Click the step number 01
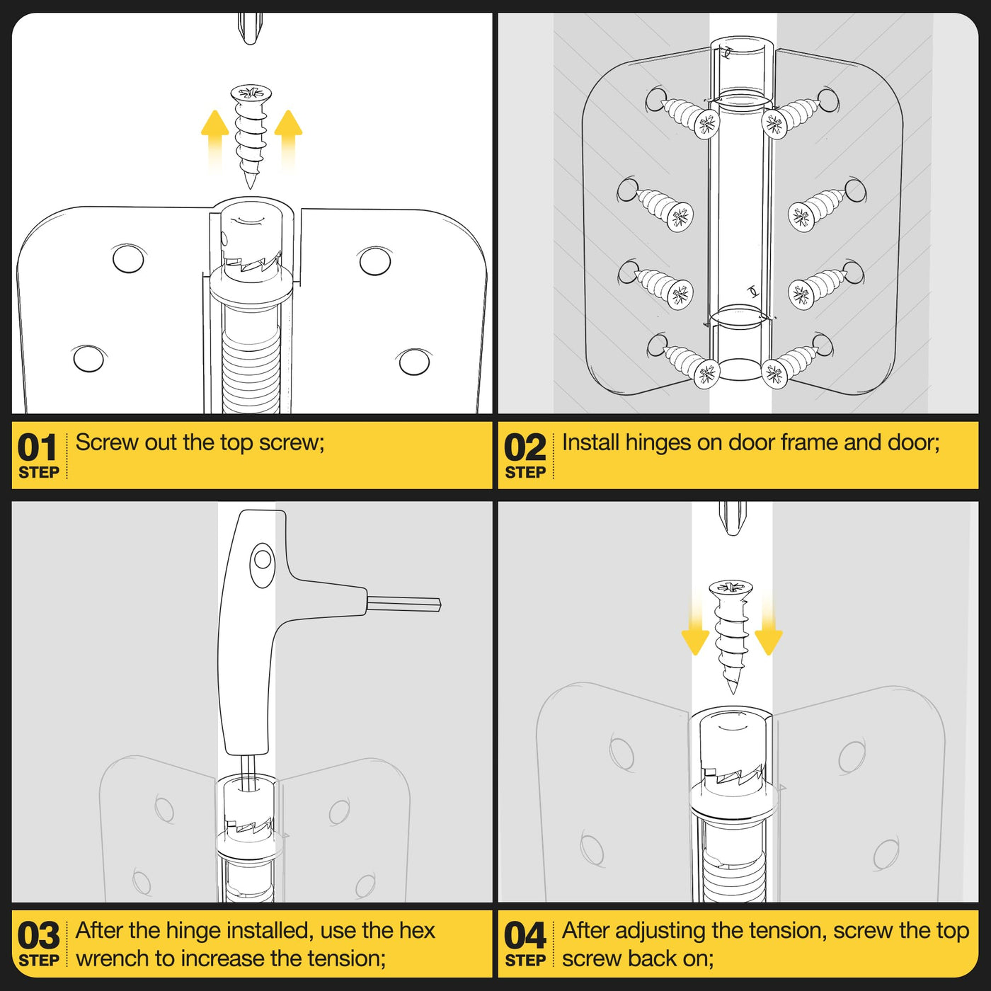[x=37, y=447]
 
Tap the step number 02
[x=525, y=447]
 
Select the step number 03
[x=38, y=936]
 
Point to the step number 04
[x=525, y=936]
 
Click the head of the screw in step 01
[x=251, y=94]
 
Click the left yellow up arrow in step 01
[x=215, y=139]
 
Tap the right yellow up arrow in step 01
[x=289, y=139]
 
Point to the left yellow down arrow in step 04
[x=695, y=624]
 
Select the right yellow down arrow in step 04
[x=768, y=624]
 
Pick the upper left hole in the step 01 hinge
[x=129, y=258]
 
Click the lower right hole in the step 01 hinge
[x=414, y=362]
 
